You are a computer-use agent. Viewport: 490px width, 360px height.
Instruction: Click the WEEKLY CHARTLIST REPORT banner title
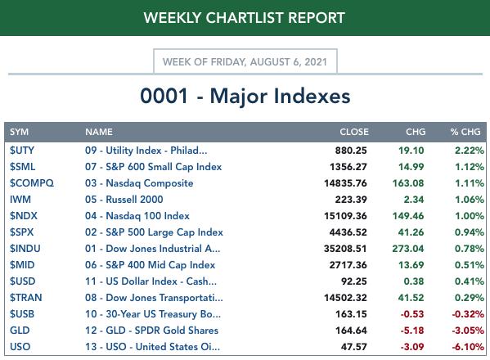(244, 17)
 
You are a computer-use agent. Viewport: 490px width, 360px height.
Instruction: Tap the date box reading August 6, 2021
(245, 61)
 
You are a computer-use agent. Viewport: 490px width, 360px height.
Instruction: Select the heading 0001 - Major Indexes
(245, 96)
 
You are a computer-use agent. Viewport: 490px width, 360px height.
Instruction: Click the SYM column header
(19, 132)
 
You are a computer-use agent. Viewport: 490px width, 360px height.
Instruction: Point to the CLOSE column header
(354, 132)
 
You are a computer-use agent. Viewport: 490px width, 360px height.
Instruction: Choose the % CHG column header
(465, 132)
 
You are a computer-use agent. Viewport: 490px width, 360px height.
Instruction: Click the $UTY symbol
(22, 151)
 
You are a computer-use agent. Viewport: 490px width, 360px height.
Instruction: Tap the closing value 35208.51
(345, 249)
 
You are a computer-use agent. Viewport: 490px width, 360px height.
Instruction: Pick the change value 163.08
(408, 183)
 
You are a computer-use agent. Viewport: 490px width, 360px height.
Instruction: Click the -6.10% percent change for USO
(468, 347)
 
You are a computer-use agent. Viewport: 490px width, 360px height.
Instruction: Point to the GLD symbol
(20, 331)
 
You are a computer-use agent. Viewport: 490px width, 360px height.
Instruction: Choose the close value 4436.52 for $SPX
(348, 232)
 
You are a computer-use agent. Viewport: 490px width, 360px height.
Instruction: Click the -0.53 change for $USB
(412, 314)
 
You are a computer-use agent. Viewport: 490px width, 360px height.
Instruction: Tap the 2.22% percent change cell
(470, 151)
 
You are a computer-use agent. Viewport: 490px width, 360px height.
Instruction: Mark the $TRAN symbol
(25, 298)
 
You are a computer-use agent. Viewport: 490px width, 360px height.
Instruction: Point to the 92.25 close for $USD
(353, 281)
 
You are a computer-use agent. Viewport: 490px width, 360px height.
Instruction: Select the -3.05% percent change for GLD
(468, 331)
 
